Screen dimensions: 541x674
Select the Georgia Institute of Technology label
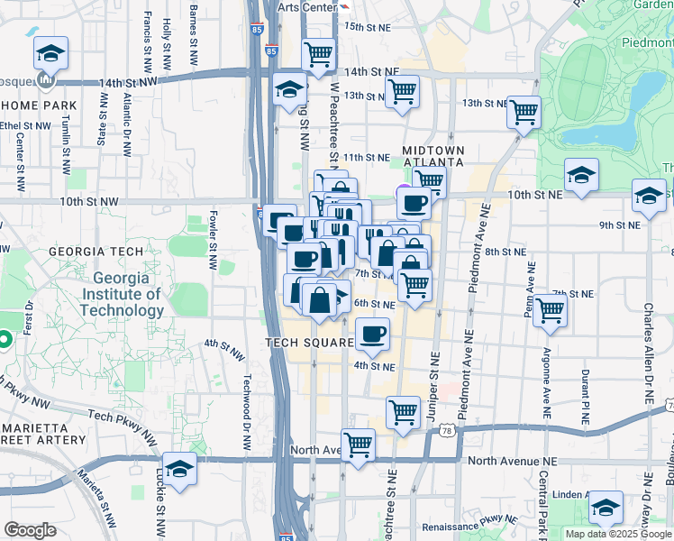pyautogui.click(x=121, y=294)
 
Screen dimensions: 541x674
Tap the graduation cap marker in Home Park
pyautogui.click(x=50, y=53)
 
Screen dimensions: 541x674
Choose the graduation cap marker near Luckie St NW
pyautogui.click(x=180, y=469)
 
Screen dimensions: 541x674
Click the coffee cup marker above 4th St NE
pyautogui.click(x=372, y=335)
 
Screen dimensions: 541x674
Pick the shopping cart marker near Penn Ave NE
pyautogui.click(x=550, y=310)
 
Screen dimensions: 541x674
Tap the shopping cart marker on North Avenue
pyautogui.click(x=359, y=445)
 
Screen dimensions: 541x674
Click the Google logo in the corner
pyautogui.click(x=31, y=529)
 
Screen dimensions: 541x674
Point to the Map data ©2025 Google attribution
pyautogui.click(x=617, y=534)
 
